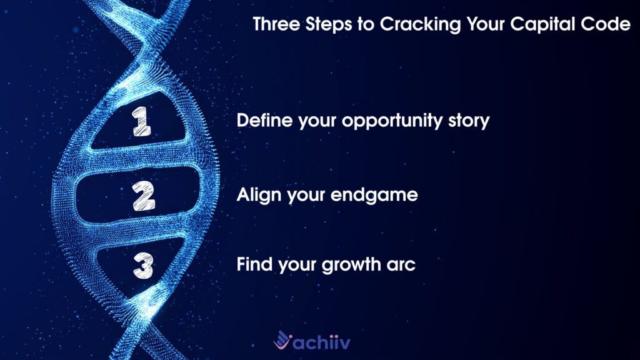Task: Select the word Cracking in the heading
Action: (421, 25)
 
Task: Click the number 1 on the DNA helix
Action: (141, 121)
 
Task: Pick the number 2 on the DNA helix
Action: (144, 196)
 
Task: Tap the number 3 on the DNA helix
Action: (143, 266)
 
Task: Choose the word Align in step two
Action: (259, 196)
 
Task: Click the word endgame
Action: (374, 196)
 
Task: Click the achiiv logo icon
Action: (282, 339)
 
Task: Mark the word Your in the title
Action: (486, 24)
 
